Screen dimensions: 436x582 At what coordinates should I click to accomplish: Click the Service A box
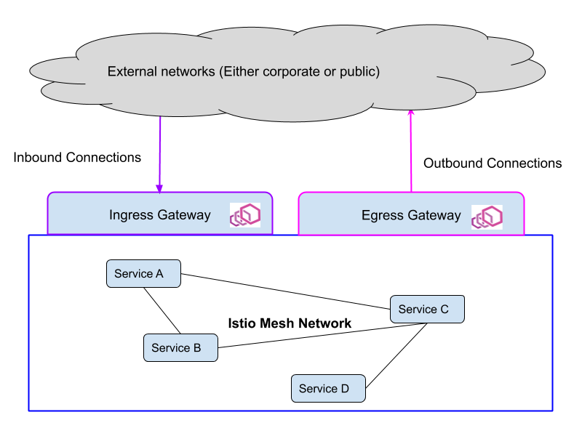pyautogui.click(x=143, y=274)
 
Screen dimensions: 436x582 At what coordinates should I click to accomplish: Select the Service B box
pyautogui.click(x=180, y=348)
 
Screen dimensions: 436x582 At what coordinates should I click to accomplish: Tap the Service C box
pyautogui.click(x=427, y=310)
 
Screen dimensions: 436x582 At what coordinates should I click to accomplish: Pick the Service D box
pyautogui.click(x=328, y=389)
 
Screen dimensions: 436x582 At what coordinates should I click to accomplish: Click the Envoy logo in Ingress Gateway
pyautogui.click(x=245, y=215)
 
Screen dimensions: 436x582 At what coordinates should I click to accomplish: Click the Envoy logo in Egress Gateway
pyautogui.click(x=487, y=217)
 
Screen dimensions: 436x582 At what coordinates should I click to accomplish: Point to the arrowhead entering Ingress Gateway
pyautogui.click(x=159, y=188)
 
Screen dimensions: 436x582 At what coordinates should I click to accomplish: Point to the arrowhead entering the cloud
pyautogui.click(x=411, y=113)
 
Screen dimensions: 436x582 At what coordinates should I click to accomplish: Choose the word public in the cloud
pyautogui.click(x=359, y=72)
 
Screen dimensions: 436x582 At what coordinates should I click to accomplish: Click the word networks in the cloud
pyautogui.click(x=188, y=72)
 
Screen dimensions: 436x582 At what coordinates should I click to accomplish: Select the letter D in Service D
pyautogui.click(x=344, y=389)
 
